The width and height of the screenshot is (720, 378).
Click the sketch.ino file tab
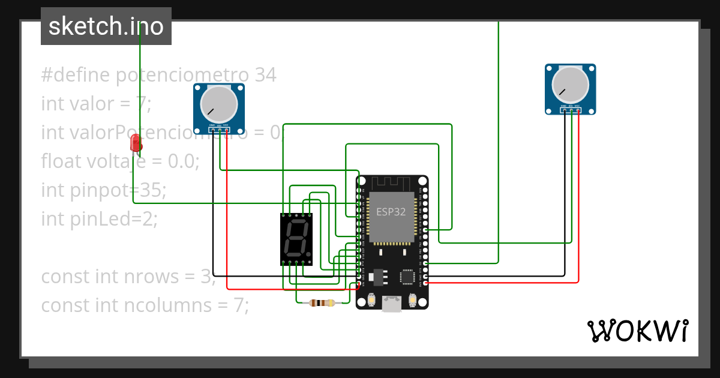click(106, 26)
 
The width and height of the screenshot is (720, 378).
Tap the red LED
click(136, 143)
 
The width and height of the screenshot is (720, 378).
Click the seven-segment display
click(296, 239)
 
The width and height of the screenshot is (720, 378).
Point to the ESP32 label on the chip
click(391, 212)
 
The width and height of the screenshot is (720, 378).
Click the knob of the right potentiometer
click(570, 84)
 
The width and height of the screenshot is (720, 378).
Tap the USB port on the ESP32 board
click(392, 304)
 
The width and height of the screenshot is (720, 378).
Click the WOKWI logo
click(637, 331)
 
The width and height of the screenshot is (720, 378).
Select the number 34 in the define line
click(265, 76)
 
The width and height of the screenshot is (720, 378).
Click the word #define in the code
click(75, 76)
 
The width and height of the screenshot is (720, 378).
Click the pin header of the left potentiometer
click(219, 130)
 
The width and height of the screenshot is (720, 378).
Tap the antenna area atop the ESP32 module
click(391, 183)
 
